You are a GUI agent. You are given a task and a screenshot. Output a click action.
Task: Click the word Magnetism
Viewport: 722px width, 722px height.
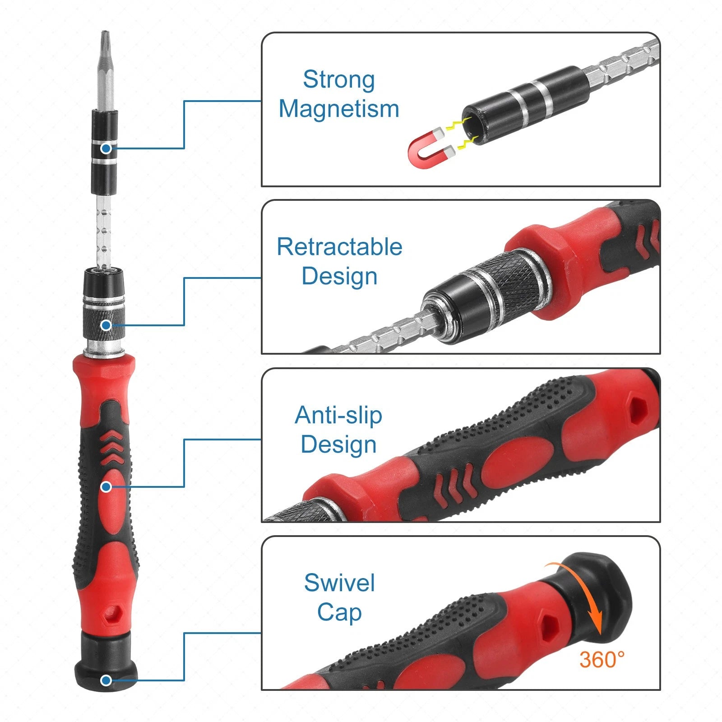[x=338, y=109]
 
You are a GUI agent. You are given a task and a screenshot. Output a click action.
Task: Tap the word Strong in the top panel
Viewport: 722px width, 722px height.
[x=338, y=79]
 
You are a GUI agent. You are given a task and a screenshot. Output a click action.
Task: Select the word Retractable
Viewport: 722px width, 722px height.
[x=339, y=247]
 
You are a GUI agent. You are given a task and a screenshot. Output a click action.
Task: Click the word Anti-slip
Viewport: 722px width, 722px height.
[x=338, y=415]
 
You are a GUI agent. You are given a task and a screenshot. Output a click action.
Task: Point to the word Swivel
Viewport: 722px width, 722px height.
[x=339, y=583]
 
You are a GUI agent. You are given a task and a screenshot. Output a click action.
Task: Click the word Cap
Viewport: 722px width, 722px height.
[x=339, y=612]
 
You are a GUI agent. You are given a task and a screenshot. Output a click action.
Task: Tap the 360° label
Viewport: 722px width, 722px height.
[x=602, y=660]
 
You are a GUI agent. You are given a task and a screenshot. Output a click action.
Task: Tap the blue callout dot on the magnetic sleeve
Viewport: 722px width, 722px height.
[x=106, y=148]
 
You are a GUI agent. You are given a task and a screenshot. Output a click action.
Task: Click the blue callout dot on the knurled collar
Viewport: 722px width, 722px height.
[x=106, y=325]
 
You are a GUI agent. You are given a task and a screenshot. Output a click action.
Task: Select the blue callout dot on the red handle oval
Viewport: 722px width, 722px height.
[x=106, y=487]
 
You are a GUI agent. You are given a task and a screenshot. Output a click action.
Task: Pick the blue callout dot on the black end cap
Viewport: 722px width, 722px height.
[x=106, y=680]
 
